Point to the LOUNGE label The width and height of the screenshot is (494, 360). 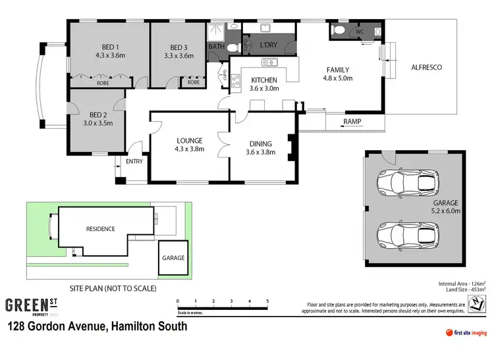[x=190, y=140]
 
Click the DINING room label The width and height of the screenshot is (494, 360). [x=261, y=143]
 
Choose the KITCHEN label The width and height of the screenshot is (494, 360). [x=265, y=80]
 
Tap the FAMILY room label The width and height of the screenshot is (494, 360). [x=337, y=70]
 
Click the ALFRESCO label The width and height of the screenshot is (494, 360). [x=426, y=68]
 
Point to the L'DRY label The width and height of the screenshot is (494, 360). [x=268, y=45]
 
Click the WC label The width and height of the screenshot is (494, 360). [x=360, y=31]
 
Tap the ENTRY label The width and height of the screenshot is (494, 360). [x=134, y=161]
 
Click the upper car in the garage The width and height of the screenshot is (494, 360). [x=408, y=183]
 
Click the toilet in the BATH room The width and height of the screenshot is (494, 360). [x=231, y=47]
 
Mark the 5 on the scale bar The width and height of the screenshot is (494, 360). [x=267, y=301]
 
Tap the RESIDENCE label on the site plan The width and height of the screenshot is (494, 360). [x=100, y=229]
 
